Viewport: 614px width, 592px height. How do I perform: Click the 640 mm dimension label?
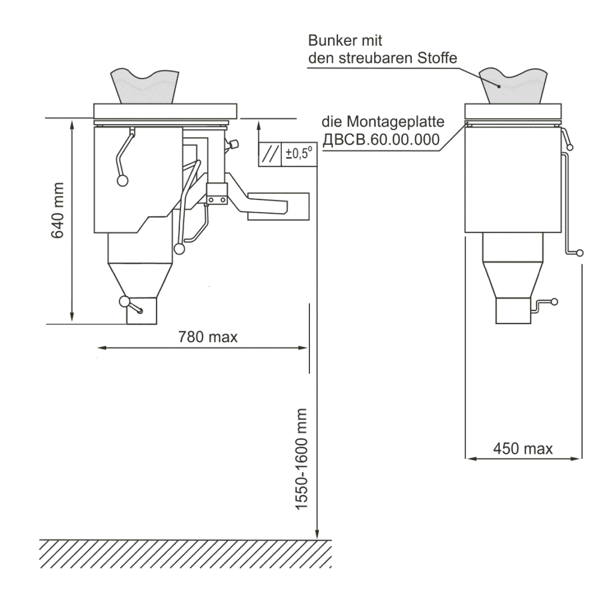(58, 210)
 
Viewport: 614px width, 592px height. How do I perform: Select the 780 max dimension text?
(208, 337)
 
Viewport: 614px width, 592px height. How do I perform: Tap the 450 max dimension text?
(523, 448)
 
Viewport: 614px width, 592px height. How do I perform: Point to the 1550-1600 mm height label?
(301, 459)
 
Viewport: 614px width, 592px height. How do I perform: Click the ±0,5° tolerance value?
(299, 153)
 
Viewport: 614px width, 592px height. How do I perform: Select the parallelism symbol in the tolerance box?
(270, 154)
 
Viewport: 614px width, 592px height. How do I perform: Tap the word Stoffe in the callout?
(437, 58)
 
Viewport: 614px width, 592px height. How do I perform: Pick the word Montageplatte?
(396, 122)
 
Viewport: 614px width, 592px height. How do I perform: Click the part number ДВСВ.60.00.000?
(381, 140)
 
